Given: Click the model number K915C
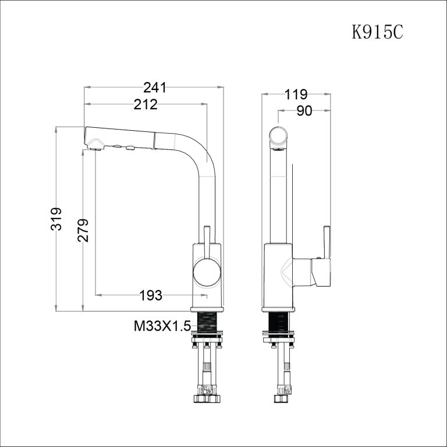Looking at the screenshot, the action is [377, 31].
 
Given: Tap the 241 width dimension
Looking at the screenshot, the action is [154, 88].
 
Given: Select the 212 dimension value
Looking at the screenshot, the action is [146, 105].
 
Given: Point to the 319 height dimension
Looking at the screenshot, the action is [56, 219].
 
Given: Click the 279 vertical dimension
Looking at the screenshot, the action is [83, 230].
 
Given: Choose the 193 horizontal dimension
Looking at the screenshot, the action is [151, 295].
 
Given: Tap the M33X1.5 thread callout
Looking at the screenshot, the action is [162, 326].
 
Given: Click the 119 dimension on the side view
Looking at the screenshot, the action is [296, 94].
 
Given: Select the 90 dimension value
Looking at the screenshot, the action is [304, 111].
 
